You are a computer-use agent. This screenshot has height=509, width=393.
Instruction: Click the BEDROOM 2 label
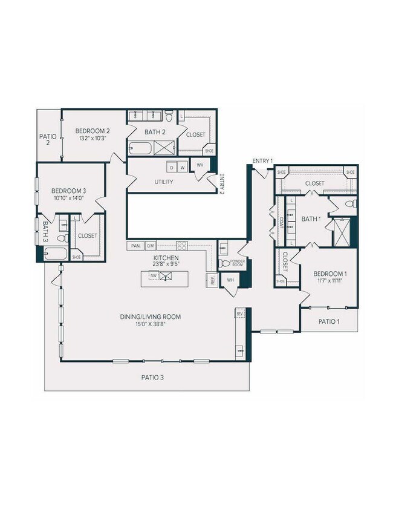click(x=92, y=131)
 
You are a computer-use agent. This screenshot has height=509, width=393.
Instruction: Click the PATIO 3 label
click(x=153, y=377)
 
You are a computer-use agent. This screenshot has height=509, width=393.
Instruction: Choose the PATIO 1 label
click(x=329, y=321)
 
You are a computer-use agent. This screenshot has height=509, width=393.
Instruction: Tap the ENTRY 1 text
click(x=262, y=160)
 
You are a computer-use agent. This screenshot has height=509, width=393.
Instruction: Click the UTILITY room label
click(x=164, y=182)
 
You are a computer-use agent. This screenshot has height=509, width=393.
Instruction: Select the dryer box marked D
click(x=172, y=167)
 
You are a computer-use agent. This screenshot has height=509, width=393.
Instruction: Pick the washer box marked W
click(x=181, y=167)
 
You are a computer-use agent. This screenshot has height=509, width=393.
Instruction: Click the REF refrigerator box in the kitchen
click(x=212, y=280)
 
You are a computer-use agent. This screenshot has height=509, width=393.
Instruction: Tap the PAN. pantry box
click(x=134, y=246)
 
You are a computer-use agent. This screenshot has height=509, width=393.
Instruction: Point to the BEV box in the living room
click(x=239, y=314)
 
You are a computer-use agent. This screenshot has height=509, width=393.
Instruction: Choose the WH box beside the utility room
click(x=199, y=165)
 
